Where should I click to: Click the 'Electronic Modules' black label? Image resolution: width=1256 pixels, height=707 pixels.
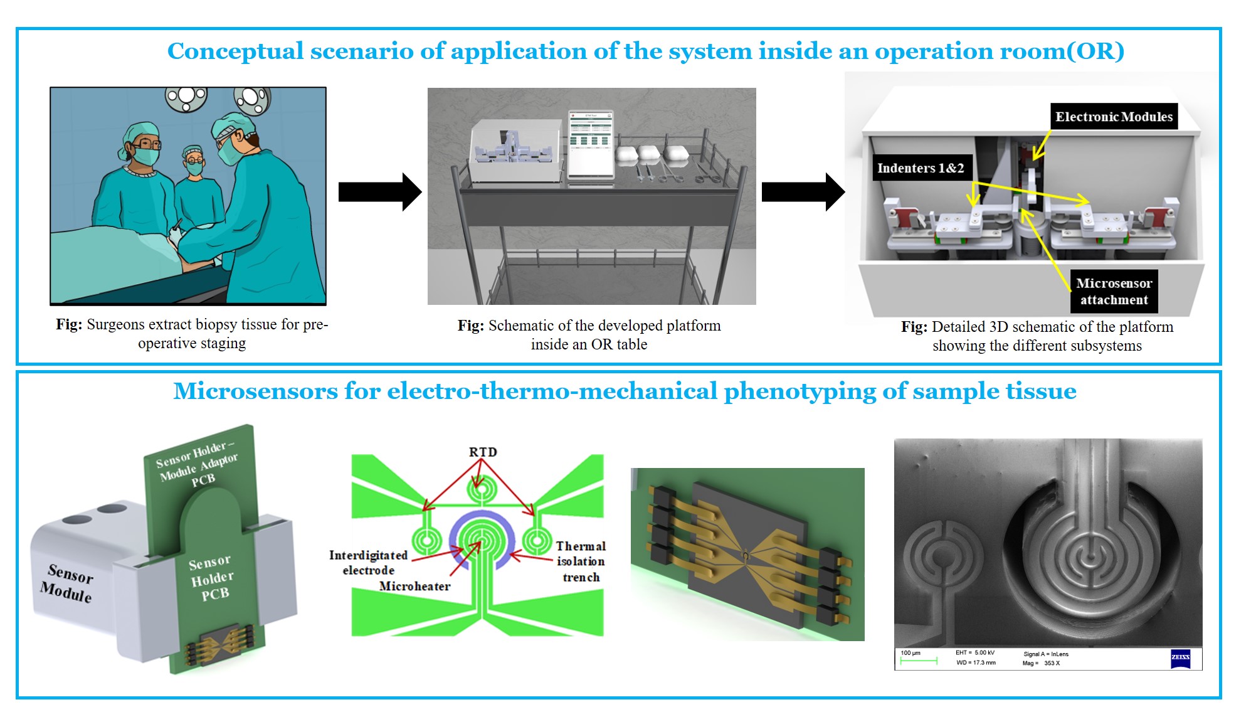pos(1114,117)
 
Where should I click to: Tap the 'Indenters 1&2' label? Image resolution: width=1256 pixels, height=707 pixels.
pos(921,168)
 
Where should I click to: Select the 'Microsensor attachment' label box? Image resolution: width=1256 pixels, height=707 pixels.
pos(1114,292)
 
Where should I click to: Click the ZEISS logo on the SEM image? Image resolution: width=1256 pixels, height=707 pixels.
pos(1180,657)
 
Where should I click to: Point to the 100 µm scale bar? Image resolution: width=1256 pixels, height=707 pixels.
pos(919,661)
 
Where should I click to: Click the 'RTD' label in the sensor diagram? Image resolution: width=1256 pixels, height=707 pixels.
pos(483,452)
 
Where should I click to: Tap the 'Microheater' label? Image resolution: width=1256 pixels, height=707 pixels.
pos(414,587)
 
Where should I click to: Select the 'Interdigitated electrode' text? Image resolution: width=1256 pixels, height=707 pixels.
pos(368,563)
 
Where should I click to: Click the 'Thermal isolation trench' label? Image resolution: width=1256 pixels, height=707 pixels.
pos(581,561)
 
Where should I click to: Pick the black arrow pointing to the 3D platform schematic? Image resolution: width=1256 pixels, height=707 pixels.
pos(803,192)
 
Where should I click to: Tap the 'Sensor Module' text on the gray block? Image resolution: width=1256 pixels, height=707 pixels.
pos(68,583)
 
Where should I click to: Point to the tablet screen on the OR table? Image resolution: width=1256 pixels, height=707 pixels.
pos(591,145)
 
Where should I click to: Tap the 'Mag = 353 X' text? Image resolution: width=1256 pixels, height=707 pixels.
pos(1042,663)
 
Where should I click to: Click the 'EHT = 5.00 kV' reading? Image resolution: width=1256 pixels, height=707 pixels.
pos(975,653)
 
